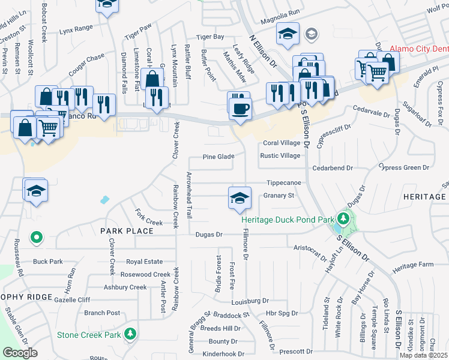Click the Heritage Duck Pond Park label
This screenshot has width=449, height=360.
tap(288, 220)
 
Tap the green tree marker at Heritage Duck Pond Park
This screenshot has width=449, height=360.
tap(343, 218)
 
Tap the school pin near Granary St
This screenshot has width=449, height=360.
tap(239, 199)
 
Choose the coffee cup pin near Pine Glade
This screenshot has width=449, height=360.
tap(240, 109)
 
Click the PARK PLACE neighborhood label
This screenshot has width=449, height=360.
tap(127, 231)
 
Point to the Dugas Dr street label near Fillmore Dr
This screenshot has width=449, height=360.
tap(209, 235)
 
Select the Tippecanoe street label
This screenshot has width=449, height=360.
tap(283, 182)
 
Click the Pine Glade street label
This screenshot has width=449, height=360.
tap(218, 157)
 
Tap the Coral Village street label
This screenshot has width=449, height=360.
tap(282, 143)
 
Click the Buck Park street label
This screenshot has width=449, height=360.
tap(48, 262)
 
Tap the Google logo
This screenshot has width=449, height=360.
tap(20, 353)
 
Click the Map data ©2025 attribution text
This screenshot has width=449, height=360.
tap(424, 355)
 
